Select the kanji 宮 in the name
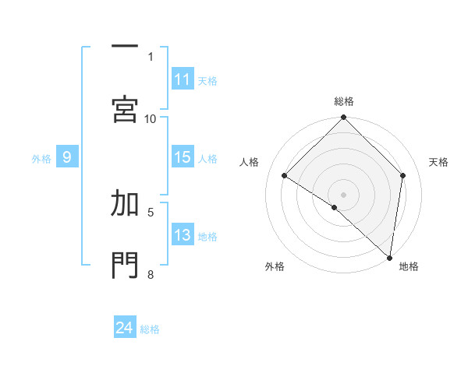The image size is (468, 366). (125, 108)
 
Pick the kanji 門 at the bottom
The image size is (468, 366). (125, 265)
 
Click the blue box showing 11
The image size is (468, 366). (183, 79)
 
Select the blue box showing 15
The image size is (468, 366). (183, 157)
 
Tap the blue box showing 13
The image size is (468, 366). (183, 235)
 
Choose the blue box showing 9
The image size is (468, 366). (67, 157)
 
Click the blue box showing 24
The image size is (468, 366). (125, 328)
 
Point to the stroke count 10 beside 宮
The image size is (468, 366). (151, 118)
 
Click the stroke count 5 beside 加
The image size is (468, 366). (151, 211)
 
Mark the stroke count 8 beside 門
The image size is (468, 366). (151, 273)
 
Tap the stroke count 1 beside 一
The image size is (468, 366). (151, 56)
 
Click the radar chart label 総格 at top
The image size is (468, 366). (344, 101)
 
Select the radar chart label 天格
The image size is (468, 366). (439, 162)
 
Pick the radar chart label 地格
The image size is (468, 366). (409, 266)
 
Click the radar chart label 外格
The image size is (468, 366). (275, 266)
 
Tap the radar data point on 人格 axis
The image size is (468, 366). (285, 176)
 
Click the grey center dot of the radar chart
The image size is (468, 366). (343, 194)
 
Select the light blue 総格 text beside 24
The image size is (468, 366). (150, 329)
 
